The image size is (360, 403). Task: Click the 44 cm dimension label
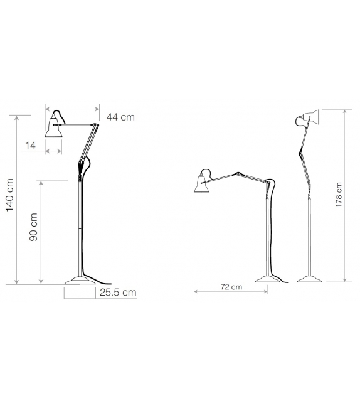click(120, 116)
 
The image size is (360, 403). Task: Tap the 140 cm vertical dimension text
click(9, 196)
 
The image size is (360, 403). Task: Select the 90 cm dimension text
click(34, 227)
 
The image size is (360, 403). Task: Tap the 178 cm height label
click(339, 195)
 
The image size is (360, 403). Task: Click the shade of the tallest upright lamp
click(308, 117)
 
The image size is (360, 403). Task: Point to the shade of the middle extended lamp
click(203, 181)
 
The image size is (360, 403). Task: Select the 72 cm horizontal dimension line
click(231, 293)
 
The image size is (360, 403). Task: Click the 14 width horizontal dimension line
click(53, 151)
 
